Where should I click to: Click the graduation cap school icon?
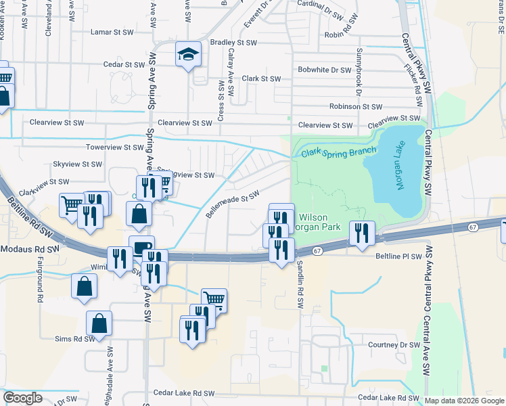pos(189,54)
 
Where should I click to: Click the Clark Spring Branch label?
pos(338,152)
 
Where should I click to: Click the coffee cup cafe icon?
pos(141,248)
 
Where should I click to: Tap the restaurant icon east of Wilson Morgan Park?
pos(363,233)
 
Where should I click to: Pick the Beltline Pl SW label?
pos(399,257)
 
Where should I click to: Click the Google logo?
pos(23,398)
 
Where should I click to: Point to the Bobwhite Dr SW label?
pos(324,70)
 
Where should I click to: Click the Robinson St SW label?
pos(356,106)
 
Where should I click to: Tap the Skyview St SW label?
pos(77,164)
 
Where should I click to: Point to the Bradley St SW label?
pos(234,42)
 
